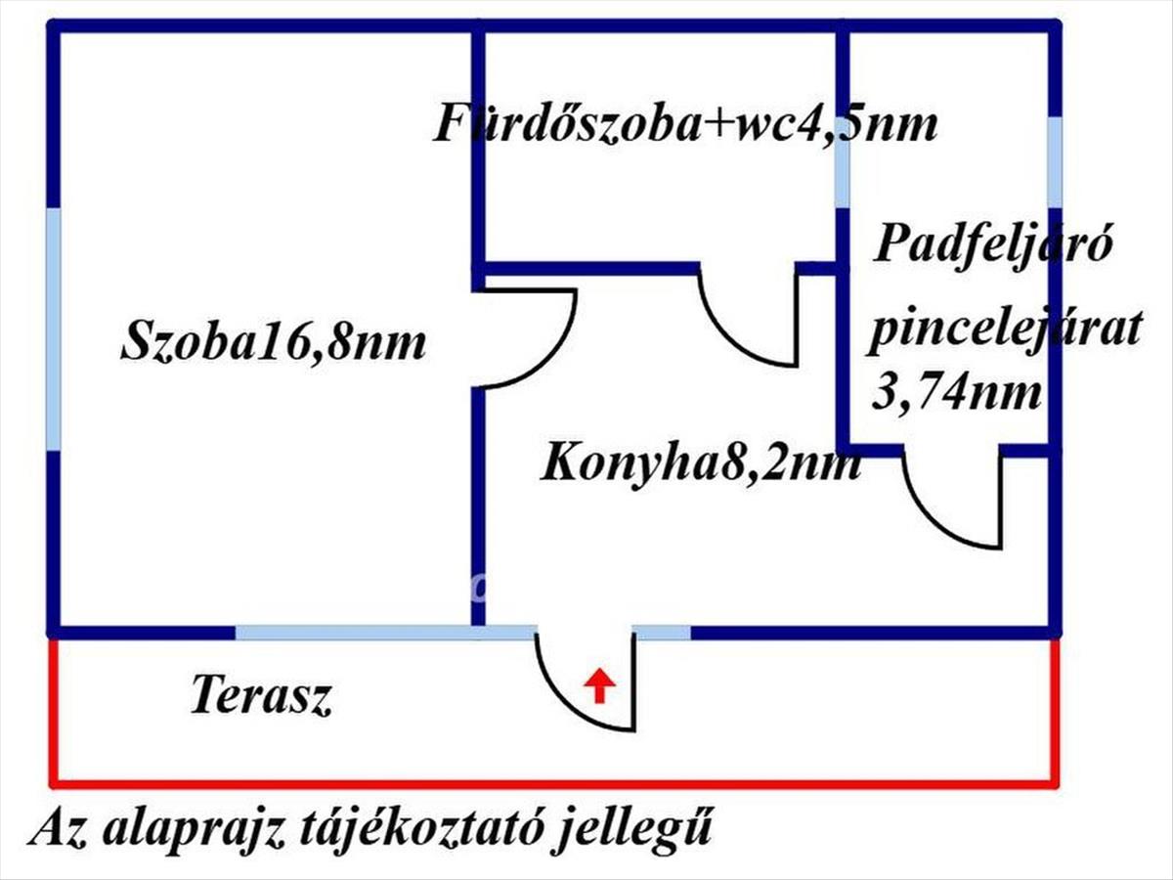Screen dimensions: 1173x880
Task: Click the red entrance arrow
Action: [599, 684]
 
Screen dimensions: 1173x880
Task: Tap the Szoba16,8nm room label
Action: [274, 342]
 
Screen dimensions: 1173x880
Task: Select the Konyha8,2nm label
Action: [701, 464]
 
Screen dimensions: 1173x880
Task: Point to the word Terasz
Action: [261, 694]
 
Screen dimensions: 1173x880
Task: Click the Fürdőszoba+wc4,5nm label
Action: [685, 125]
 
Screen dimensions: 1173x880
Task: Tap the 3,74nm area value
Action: [957, 394]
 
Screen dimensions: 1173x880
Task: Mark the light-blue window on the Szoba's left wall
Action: [54, 330]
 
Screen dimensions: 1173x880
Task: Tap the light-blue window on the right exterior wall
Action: [1054, 162]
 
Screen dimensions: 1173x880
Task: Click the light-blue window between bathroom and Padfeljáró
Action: [843, 163]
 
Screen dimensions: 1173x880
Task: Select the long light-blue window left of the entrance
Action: [385, 633]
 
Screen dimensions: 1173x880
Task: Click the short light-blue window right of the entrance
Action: [662, 633]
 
